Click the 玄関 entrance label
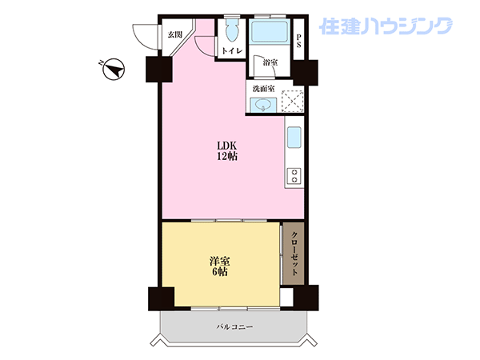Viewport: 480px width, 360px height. pos(174,34)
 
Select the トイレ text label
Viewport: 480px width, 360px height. pos(232,51)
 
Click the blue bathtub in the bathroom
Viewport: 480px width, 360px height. pos(269,31)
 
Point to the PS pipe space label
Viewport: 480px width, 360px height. pos(298,41)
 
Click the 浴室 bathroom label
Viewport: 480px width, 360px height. pos(270,62)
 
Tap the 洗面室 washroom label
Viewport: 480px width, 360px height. pos(263,89)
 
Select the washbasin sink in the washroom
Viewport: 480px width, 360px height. pos(263,105)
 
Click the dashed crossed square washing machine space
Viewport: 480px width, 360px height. pos(292,102)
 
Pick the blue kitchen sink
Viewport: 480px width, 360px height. pos(294,138)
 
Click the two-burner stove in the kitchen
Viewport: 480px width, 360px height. pos(294,176)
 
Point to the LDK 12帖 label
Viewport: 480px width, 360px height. pos(227,150)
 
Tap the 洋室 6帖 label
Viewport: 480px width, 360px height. pos(220,266)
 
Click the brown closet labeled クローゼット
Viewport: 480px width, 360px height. pos(294,254)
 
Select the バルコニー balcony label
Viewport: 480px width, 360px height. pos(234,327)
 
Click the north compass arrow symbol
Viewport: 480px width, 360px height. pos(114,69)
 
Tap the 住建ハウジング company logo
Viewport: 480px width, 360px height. pos(386,26)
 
